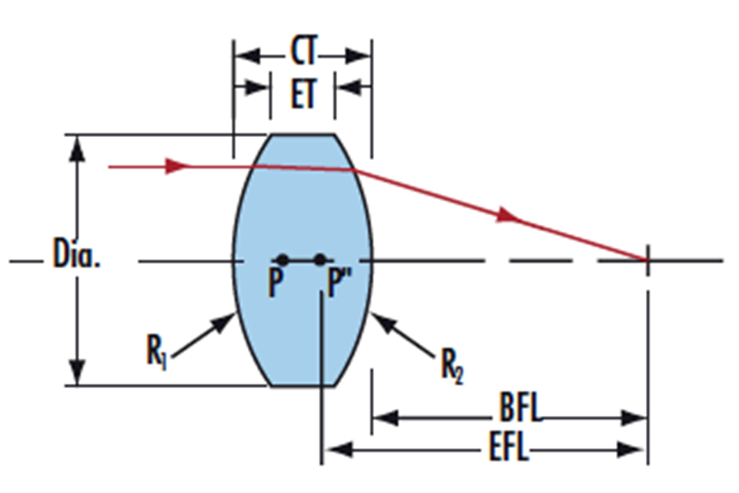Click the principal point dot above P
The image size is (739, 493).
tap(283, 260)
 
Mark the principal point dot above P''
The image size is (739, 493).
tap(320, 260)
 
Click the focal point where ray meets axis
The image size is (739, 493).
tap(647, 260)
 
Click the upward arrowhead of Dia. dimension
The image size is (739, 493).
tap(76, 149)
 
